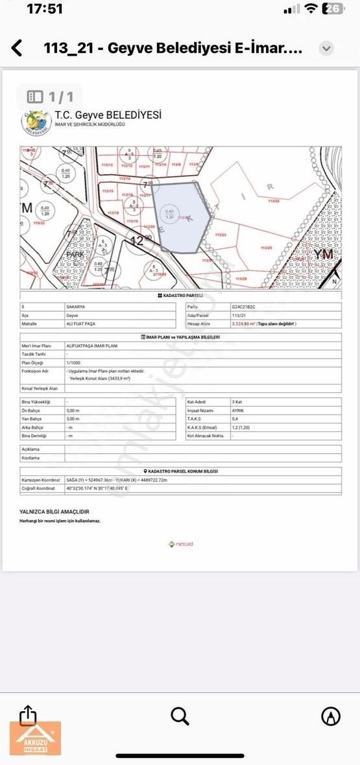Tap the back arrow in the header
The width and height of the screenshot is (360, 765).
tap(17, 48)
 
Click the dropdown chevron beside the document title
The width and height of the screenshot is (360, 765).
tap(327, 49)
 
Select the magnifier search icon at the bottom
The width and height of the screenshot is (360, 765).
tap(180, 716)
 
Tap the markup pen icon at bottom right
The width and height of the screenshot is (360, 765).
tap(331, 716)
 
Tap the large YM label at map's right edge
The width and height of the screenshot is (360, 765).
tap(323, 254)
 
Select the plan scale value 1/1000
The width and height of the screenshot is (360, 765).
tap(74, 363)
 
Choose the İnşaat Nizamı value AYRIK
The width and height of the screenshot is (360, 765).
tap(239, 410)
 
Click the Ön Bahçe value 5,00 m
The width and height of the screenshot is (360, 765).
tap(73, 410)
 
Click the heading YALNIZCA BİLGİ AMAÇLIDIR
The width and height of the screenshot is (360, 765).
tap(54, 512)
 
